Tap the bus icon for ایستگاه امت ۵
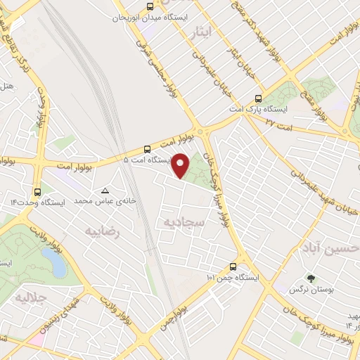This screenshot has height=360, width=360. [x=147, y=148]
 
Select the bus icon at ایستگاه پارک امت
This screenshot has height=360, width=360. [x=258, y=99]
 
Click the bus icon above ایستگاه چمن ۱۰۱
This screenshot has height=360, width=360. [x=233, y=266]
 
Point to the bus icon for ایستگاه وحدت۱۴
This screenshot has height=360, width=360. [x=37, y=191]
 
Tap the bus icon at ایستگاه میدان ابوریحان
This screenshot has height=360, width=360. [x=149, y=6]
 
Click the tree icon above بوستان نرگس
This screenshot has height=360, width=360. [x=311, y=279]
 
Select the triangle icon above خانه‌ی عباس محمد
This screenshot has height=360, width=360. [x=105, y=191]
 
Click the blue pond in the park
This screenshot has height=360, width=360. [x=54, y=262]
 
